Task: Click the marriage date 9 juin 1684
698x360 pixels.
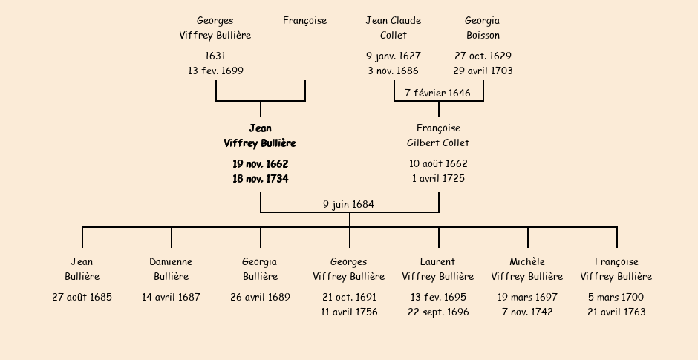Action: (x=348, y=204)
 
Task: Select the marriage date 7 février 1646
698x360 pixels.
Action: (x=437, y=93)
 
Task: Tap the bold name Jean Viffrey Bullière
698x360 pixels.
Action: (x=260, y=136)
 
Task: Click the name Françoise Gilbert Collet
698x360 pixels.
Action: (x=438, y=136)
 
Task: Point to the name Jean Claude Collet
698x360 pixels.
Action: (x=393, y=28)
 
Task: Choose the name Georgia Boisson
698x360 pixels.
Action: (x=483, y=28)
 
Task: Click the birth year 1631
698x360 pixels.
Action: (x=215, y=56)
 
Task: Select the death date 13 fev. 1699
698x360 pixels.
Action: (x=215, y=71)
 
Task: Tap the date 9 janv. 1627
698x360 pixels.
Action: (x=393, y=56)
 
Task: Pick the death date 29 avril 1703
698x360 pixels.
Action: (x=483, y=71)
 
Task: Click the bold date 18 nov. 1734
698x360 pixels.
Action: (x=260, y=179)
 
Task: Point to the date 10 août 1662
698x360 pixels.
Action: (x=438, y=163)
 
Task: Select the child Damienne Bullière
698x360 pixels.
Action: (x=171, y=269)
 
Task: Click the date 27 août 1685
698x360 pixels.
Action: (x=82, y=298)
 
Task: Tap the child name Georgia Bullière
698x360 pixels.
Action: (x=260, y=269)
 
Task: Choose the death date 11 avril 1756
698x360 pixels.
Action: (x=349, y=312)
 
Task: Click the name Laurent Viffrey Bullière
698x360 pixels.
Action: (x=438, y=269)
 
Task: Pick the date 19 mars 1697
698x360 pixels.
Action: (x=527, y=298)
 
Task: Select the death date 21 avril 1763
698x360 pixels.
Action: (x=616, y=312)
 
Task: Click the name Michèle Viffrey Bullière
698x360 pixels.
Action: (x=527, y=269)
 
